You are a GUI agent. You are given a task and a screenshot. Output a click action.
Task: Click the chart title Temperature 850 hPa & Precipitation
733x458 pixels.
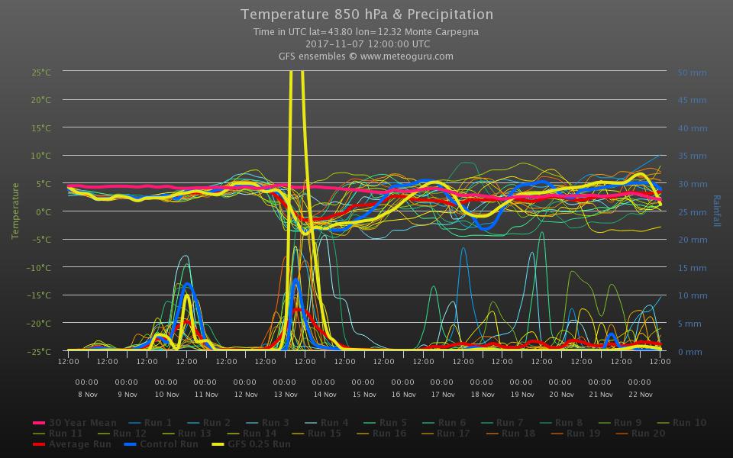[366, 15]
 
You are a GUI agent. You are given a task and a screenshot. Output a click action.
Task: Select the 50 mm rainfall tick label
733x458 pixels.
[693, 73]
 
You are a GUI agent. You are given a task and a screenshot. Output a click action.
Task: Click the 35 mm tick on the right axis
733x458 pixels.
[693, 156]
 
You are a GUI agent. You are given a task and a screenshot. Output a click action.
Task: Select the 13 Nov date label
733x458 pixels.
[285, 395]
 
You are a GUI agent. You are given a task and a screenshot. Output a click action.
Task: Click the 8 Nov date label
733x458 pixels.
[87, 395]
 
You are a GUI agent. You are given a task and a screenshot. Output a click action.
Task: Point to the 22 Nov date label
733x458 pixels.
[640, 395]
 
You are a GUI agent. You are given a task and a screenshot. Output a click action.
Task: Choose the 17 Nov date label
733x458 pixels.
[443, 395]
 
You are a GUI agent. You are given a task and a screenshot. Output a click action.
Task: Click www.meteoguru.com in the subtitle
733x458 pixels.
[406, 56]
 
